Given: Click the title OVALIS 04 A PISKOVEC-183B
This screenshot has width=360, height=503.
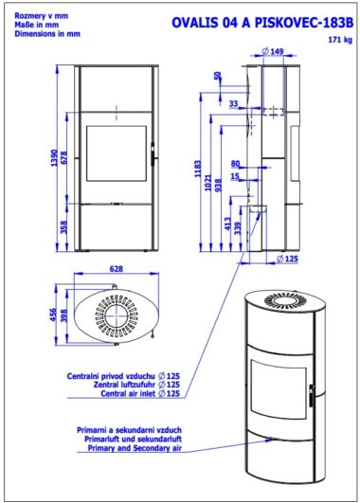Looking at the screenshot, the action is click(262, 23).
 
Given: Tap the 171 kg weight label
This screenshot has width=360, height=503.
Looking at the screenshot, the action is click(340, 40).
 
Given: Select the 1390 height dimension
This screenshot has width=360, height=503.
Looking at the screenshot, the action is click(55, 158).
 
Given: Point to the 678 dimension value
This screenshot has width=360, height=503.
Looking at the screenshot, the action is click(64, 158).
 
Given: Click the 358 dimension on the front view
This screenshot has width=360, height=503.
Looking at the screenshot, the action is click(64, 226).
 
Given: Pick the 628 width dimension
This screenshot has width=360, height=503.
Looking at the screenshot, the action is click(117, 269).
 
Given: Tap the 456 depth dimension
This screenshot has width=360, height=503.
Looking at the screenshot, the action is click(53, 314).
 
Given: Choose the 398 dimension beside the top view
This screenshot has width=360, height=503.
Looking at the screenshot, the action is click(64, 315).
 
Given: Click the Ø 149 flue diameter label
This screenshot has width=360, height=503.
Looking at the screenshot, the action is click(273, 51).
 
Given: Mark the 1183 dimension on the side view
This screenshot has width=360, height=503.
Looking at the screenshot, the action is click(198, 169).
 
